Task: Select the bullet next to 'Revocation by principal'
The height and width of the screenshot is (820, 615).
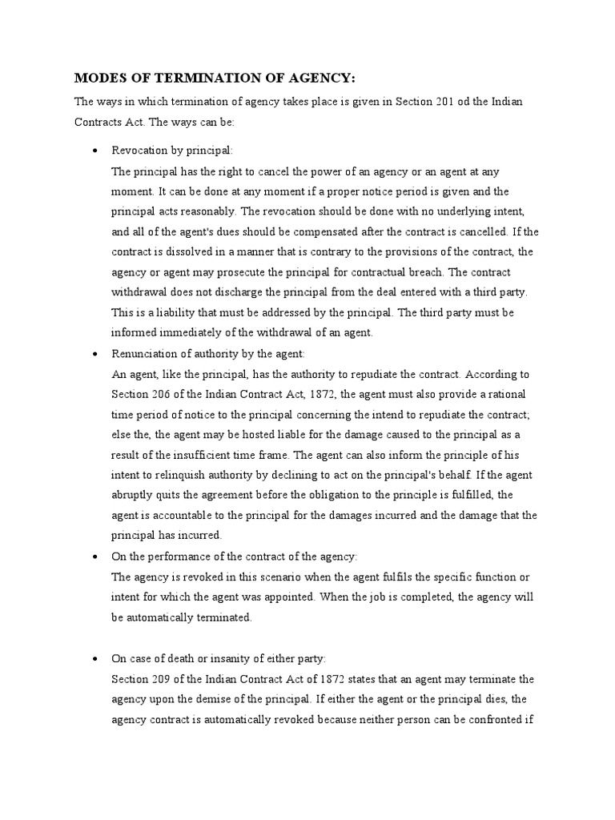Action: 95,151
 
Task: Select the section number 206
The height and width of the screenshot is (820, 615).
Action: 164,394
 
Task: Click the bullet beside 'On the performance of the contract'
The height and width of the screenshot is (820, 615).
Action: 95,556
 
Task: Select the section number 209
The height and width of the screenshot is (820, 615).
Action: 164,679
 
